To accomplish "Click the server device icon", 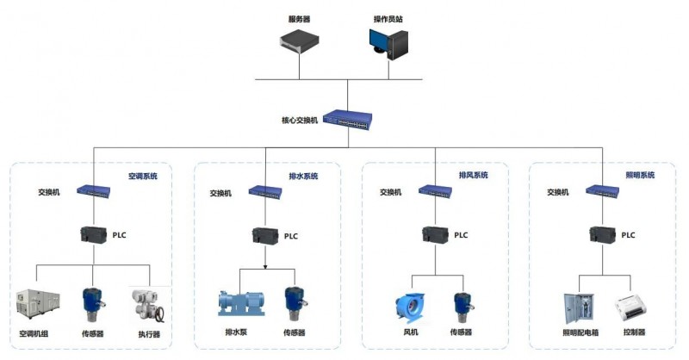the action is pyautogui.click(x=299, y=41).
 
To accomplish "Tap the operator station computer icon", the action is pyautogui.click(x=389, y=44).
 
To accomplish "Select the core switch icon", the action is pyautogui.click(x=348, y=120).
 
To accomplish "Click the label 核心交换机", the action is pyautogui.click(x=299, y=120).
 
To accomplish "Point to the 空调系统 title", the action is pyautogui.click(x=143, y=177).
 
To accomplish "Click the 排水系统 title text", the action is pyautogui.click(x=303, y=177).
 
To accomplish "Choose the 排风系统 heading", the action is pyautogui.click(x=473, y=175).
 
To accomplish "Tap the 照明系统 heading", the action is pyautogui.click(x=640, y=175).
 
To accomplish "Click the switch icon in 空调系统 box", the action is pyautogui.click(x=94, y=191).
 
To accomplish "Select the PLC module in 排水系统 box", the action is pyautogui.click(x=265, y=236).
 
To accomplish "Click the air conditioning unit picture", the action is pyautogui.click(x=38, y=303).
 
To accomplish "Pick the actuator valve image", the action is pyautogui.click(x=148, y=306).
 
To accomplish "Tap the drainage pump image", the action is pyautogui.click(x=242, y=303).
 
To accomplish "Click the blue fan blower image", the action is pyautogui.click(x=410, y=308).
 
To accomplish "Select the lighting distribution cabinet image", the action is pyautogui.click(x=579, y=308).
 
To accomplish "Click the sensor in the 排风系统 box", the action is pyautogui.click(x=462, y=307).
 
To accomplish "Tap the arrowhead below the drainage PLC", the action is pyautogui.click(x=265, y=266).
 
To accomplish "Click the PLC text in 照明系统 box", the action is pyautogui.click(x=628, y=235).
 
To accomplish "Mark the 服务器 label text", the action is pyautogui.click(x=299, y=19).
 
